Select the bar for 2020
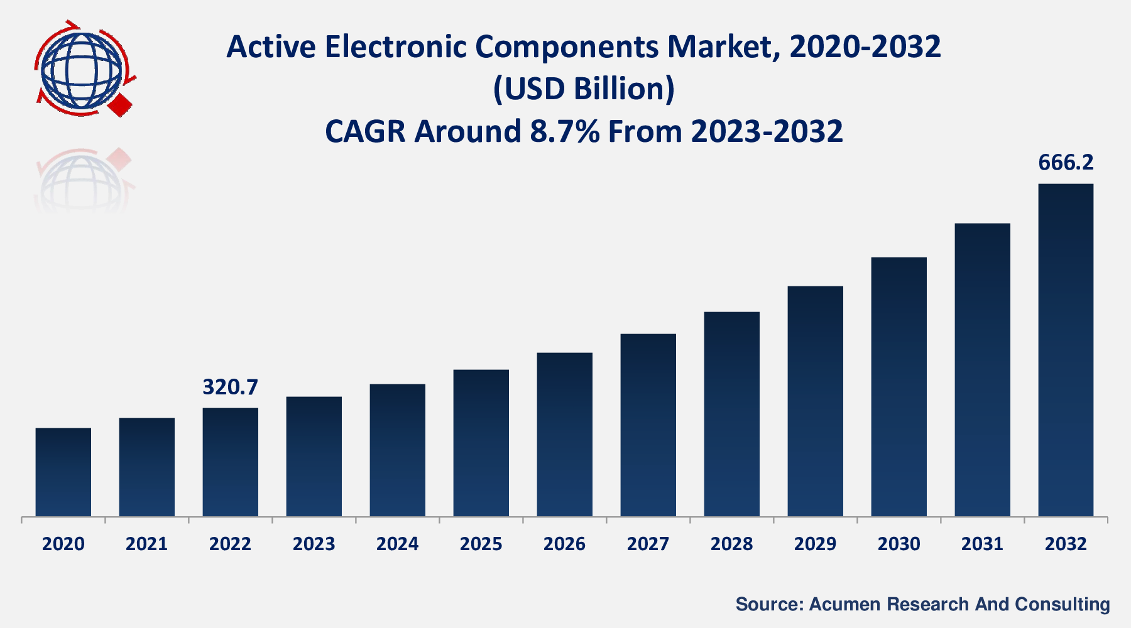point(63,472)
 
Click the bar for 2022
point(230,462)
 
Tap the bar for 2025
point(481,443)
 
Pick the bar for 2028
point(731,414)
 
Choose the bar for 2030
point(899,387)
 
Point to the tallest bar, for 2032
point(1066,350)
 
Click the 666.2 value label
point(1066,163)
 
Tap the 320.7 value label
point(230,387)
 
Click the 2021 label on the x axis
point(146,544)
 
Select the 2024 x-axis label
point(397,544)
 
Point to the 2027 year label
point(648,544)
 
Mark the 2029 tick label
point(815,544)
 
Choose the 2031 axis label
point(982,544)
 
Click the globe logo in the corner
point(82,69)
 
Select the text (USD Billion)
point(584,89)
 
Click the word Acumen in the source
point(845,604)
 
